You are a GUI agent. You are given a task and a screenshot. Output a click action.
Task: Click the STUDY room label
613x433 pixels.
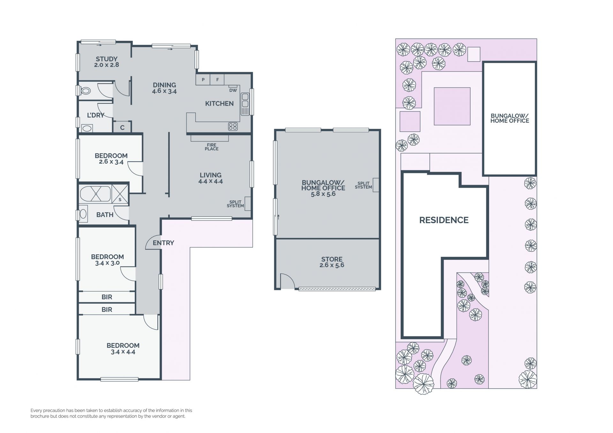click(107, 59)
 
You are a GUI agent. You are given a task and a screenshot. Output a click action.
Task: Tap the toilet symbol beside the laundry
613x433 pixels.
click(86, 91)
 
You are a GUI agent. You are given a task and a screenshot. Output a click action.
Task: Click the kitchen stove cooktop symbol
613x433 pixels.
click(233, 126)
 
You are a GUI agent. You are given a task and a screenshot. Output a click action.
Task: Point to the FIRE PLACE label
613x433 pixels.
click(212, 147)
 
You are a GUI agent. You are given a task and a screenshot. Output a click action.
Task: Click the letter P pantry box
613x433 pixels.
click(203, 79)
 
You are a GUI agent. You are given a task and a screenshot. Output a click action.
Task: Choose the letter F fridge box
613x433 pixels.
click(217, 79)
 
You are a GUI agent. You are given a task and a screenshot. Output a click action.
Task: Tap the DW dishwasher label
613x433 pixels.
click(233, 90)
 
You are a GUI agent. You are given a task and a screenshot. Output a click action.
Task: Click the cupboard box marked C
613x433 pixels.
click(122, 127)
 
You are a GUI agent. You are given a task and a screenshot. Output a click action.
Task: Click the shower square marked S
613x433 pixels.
click(120, 194)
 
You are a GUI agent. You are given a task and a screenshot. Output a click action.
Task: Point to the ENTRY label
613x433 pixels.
click(163, 243)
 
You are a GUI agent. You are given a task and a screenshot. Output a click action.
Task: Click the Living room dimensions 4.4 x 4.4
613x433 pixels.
click(210, 181)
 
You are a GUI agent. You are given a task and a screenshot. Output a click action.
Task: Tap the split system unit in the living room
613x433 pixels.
click(247, 203)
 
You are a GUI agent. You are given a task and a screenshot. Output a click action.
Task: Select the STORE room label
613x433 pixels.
click(332, 259)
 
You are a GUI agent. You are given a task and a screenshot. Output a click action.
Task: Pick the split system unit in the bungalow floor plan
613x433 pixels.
click(376, 185)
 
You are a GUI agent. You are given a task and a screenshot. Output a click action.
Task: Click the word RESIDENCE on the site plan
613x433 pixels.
click(444, 220)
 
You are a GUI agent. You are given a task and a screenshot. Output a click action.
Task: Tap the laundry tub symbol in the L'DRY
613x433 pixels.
click(87, 129)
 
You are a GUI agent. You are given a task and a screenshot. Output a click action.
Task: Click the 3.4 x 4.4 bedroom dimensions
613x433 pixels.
click(123, 352)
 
